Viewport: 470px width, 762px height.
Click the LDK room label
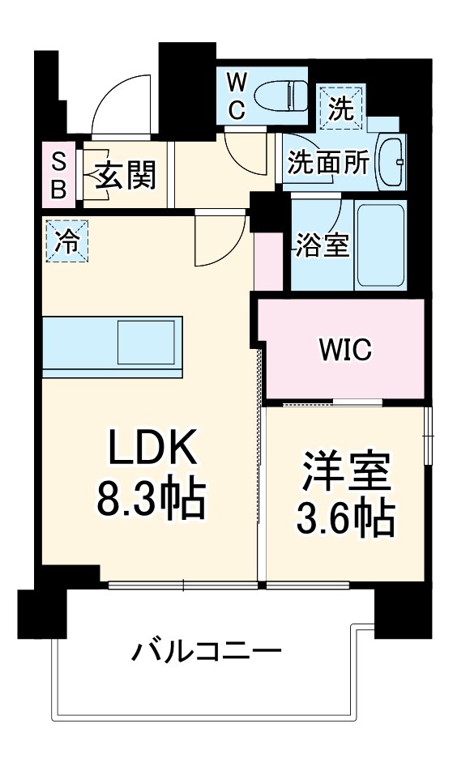[152, 446]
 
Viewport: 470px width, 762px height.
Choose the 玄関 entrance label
[126, 173]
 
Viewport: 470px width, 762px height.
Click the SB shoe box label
[59, 174]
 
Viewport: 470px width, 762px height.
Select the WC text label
[235, 96]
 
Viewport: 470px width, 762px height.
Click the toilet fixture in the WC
[280, 96]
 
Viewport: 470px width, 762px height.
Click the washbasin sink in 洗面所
[392, 161]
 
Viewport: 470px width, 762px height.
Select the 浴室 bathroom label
[322, 245]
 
